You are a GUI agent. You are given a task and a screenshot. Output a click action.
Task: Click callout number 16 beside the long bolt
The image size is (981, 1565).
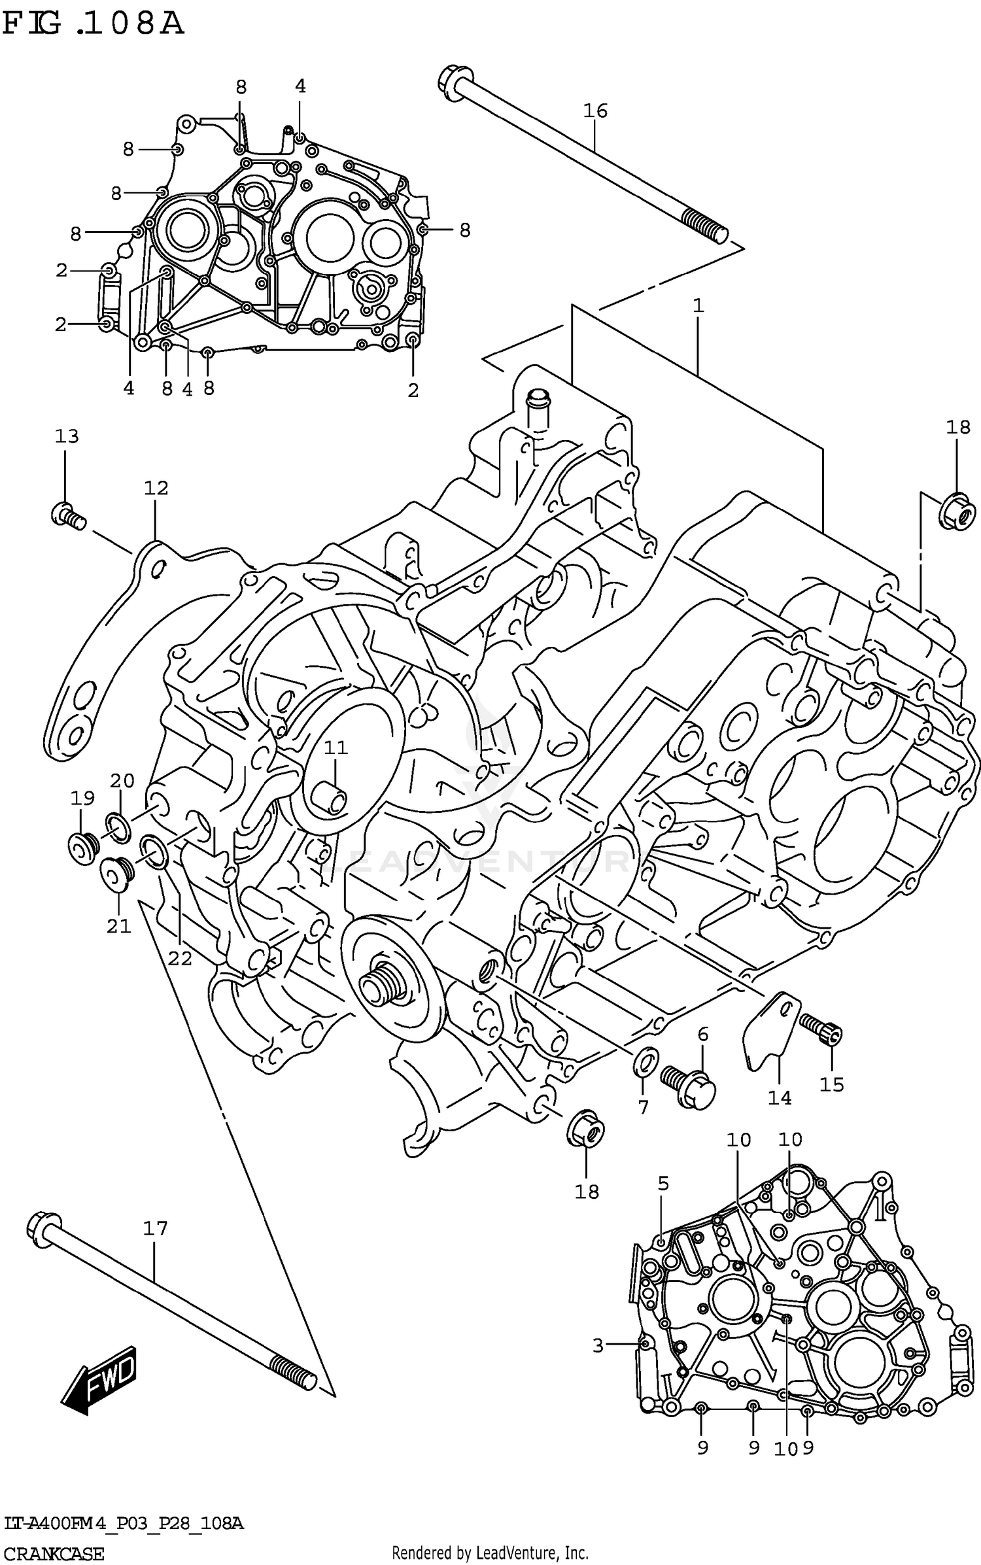pos(595,111)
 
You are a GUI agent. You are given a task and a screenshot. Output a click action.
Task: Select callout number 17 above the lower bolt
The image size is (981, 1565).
pos(155,1228)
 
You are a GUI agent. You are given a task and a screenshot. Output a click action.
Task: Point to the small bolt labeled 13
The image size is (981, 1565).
pos(67,515)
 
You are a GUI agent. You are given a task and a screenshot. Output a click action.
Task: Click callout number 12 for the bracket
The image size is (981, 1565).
pos(156,488)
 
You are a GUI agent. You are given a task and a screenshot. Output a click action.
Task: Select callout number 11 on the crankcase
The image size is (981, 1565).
pos(336,748)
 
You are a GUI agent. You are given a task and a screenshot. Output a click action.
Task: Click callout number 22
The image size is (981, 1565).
pos(180,958)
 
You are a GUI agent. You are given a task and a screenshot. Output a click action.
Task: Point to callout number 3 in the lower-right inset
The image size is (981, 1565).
pos(598,1346)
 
